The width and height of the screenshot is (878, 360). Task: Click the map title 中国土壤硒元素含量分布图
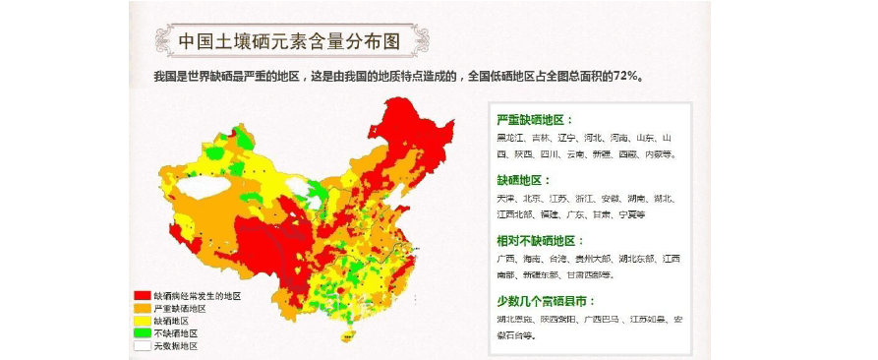point(290,41)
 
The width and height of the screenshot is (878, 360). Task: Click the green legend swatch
point(143,333)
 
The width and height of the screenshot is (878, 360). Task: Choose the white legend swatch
point(143,346)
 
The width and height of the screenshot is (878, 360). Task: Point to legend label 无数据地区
point(176,346)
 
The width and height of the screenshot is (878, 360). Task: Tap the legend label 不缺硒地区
point(176,333)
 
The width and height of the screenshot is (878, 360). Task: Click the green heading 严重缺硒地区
point(535,120)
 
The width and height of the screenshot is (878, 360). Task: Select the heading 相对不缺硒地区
point(541,241)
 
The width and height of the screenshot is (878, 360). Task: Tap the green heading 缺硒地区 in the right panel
point(520,181)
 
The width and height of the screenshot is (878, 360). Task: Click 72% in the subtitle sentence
point(627,77)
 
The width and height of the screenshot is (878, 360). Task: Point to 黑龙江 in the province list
point(511,139)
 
